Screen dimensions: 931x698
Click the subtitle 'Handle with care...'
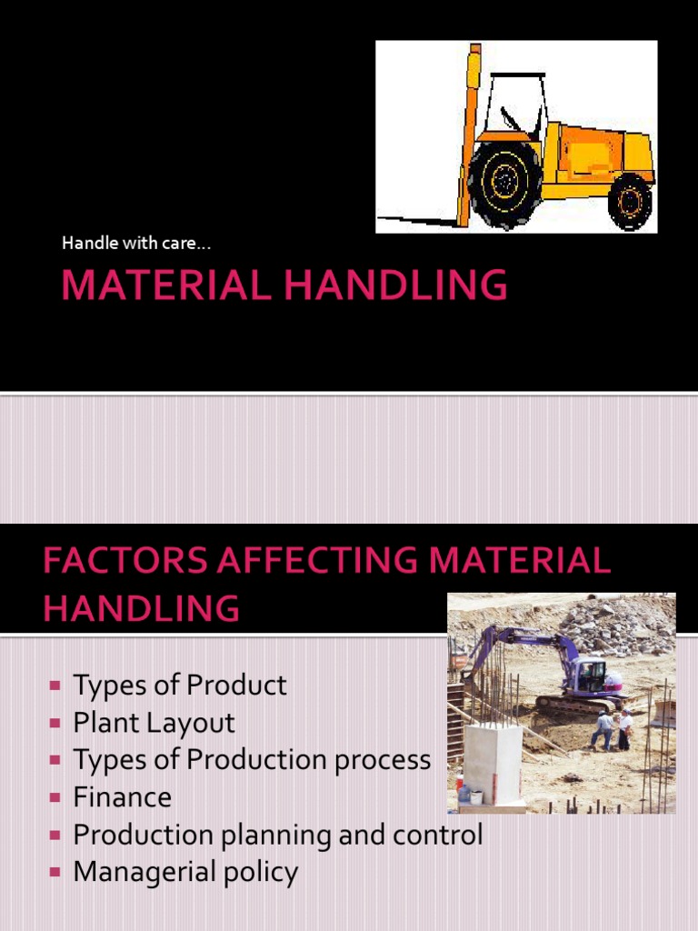pos(136,243)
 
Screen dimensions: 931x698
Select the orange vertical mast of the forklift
pos(469,136)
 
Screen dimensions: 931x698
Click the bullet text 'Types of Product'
pos(179,685)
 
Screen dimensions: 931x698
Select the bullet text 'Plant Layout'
pos(154,723)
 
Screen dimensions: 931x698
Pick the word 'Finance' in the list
pos(122,797)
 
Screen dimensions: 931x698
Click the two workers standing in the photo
pos(613,729)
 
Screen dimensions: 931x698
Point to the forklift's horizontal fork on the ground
pos(418,219)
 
